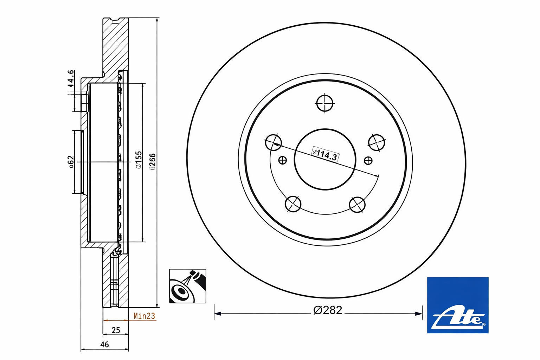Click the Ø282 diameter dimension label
point(328,310)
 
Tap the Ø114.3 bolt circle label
point(326,154)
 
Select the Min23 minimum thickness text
point(144,316)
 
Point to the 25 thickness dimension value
point(116,330)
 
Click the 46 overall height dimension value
point(104,345)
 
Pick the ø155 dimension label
point(139,160)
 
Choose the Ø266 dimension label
point(153,162)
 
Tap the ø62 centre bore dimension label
point(71,162)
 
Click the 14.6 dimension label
point(70,79)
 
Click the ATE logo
point(458,305)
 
